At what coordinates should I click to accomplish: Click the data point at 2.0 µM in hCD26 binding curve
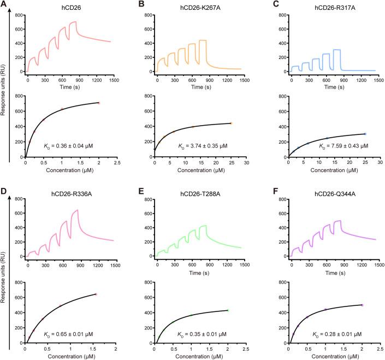tap(99, 103)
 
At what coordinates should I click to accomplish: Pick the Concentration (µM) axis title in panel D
tap(70, 355)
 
